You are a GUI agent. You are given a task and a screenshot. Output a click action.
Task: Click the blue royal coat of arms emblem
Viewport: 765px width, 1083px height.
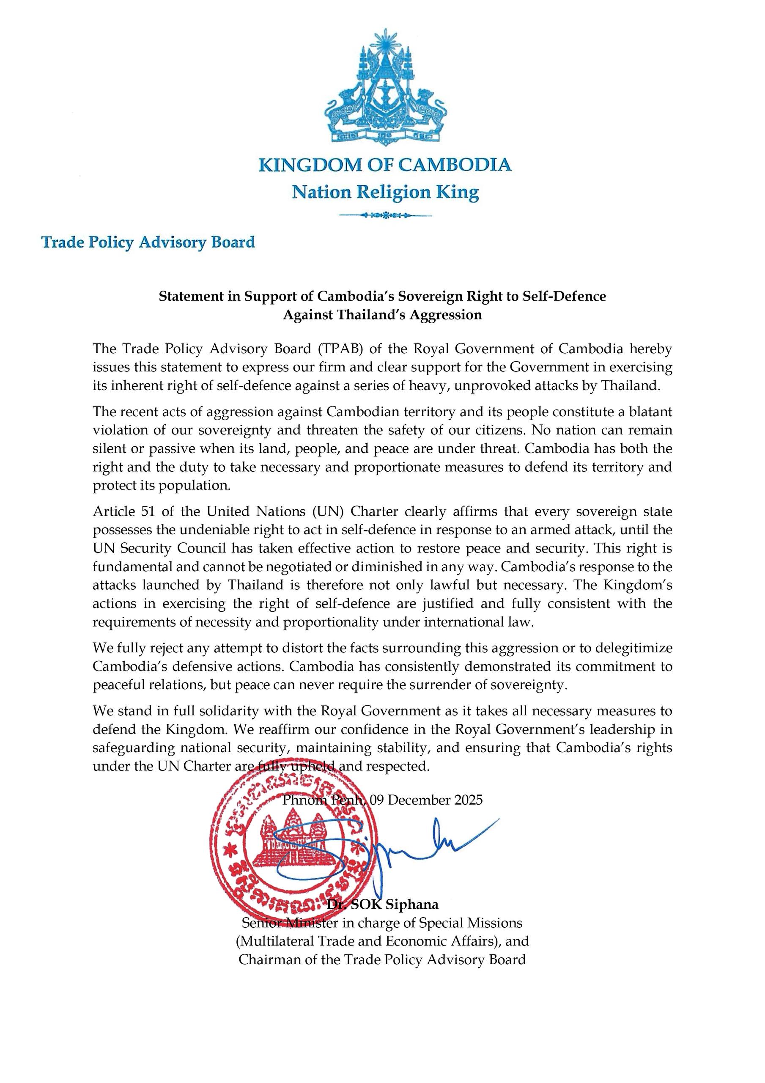385,87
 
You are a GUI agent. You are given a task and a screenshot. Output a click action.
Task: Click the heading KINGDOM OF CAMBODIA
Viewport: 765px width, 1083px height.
385,165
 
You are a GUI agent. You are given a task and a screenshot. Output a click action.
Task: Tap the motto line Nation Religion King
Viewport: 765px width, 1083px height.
385,192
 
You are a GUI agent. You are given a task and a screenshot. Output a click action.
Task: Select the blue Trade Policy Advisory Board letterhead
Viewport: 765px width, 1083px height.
148,242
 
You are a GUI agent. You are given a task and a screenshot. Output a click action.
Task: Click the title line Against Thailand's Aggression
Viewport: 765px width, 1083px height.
382,315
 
